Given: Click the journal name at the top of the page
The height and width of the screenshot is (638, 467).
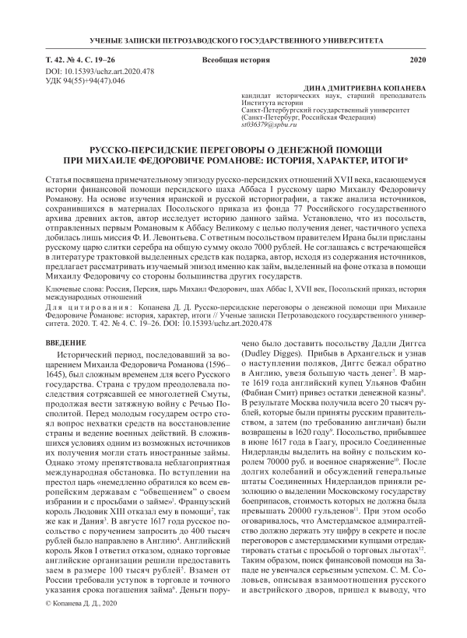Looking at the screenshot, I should coord(233,40).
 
